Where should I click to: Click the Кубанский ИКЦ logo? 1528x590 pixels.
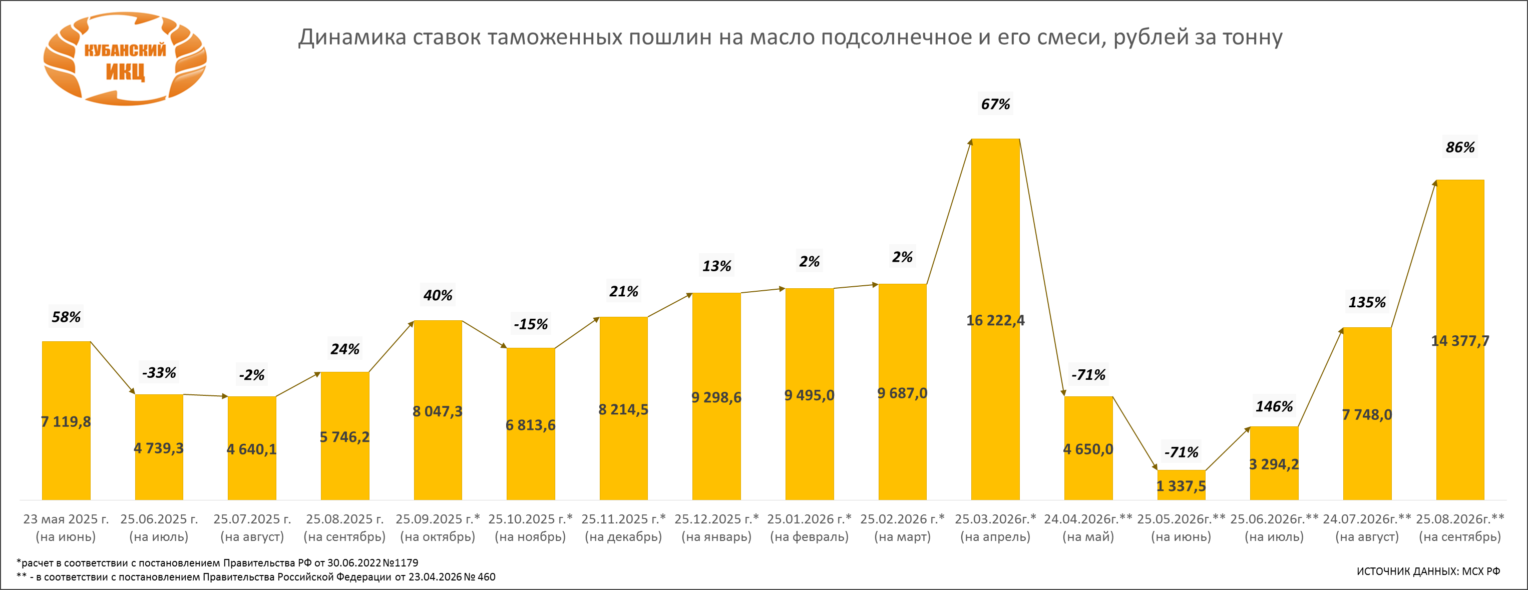click(125, 59)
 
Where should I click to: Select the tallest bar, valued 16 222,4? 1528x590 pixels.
click(995, 319)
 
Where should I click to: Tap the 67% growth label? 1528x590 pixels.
click(995, 105)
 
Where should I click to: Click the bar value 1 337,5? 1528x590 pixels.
click(1181, 486)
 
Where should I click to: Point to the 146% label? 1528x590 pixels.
click(1274, 407)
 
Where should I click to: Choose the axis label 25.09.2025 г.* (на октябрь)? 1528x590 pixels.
click(438, 528)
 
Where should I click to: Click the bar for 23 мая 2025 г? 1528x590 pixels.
click(67, 420)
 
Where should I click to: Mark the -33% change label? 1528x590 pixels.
click(159, 373)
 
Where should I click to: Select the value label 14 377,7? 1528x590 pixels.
click(1460, 341)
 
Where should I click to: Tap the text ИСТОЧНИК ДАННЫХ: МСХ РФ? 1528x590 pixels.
click(1428, 571)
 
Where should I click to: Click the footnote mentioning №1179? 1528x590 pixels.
click(217, 562)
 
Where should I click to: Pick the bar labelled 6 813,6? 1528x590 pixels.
click(531, 424)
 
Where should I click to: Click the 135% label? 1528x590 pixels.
click(1367, 302)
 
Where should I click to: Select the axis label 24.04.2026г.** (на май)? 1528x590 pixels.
click(1088, 528)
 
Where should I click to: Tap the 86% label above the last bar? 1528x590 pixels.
click(1460, 148)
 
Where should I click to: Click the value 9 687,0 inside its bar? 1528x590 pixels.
click(902, 393)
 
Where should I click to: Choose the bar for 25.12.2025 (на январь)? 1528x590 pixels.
click(716, 396)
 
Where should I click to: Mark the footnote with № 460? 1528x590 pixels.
click(256, 577)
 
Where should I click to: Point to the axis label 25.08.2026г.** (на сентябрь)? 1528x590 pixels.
click(1460, 528)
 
